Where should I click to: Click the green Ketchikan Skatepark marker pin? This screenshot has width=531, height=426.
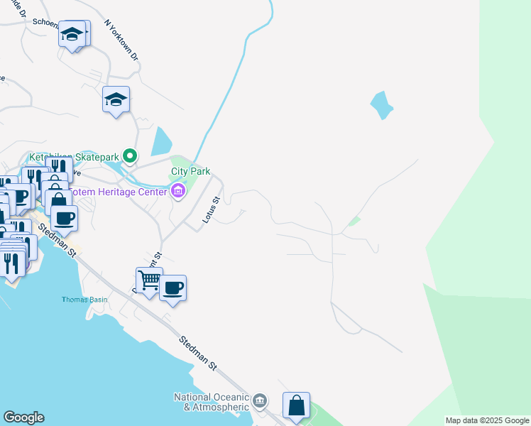coord(129,155)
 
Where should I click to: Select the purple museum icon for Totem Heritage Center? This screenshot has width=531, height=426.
coord(177,190)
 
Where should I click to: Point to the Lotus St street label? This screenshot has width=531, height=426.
coord(209,210)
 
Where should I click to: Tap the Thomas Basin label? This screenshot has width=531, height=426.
coord(84,300)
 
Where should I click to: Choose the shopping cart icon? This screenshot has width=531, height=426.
coord(149,280)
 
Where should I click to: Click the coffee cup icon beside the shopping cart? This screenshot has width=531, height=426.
coord(173,288)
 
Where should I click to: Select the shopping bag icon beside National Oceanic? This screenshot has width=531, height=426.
coord(296,405)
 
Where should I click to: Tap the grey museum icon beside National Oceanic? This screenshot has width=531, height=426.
coord(261,401)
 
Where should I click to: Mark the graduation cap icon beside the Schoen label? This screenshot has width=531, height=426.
coord(72,33)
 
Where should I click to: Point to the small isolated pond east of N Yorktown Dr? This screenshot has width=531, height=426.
coord(381,105)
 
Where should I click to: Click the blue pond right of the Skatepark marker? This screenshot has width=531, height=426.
coord(160,141)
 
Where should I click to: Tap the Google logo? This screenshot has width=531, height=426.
coord(23,417)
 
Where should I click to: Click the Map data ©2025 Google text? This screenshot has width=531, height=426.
coord(486,420)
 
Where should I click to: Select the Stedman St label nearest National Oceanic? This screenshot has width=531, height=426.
coord(198,352)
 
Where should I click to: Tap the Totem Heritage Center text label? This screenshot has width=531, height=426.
coord(121,191)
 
